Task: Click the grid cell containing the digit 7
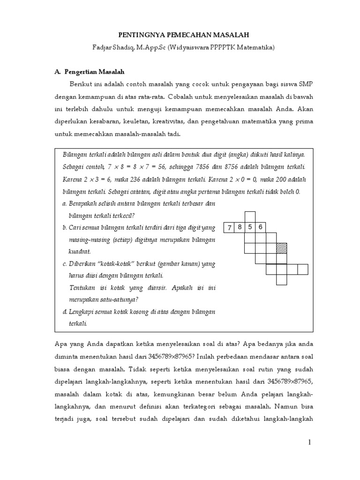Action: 229,228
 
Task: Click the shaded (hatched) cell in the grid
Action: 281,248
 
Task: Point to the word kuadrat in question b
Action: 80,252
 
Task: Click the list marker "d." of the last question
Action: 64,312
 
